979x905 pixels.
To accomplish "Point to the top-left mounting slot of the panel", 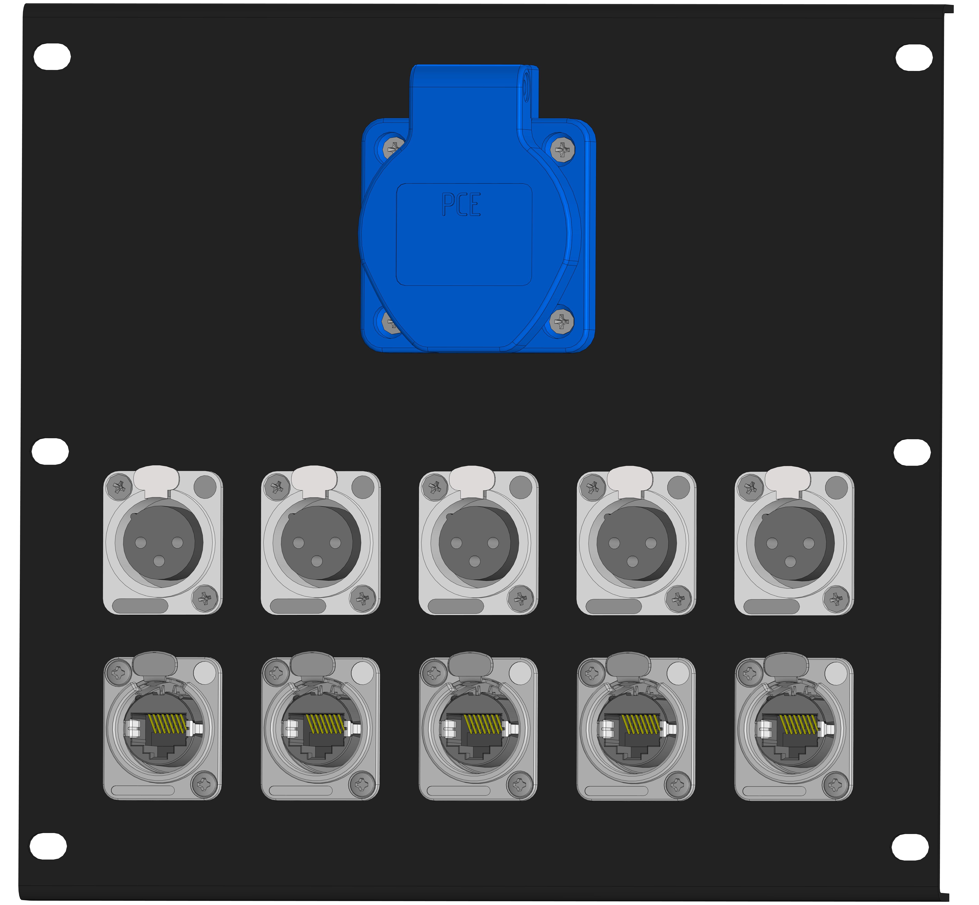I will pos(52,56).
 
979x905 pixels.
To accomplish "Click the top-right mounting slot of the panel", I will pos(914,58).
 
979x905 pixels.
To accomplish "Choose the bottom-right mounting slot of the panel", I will pos(910,847).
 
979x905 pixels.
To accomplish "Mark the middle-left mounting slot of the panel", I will pos(50,451).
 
